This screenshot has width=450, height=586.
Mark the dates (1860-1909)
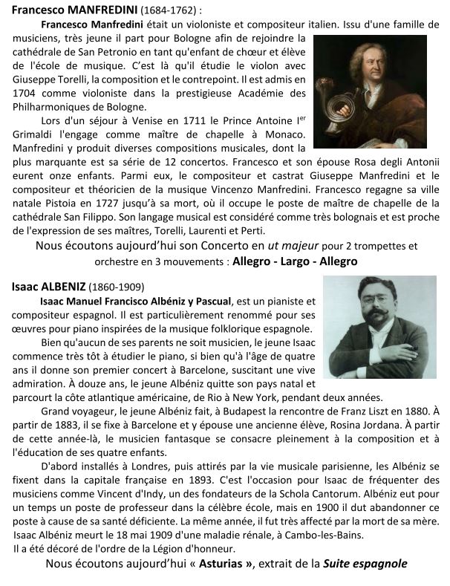coord(117,287)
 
